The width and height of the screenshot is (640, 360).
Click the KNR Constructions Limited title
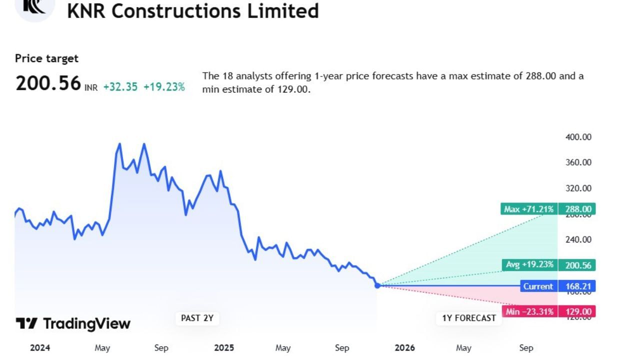(193, 10)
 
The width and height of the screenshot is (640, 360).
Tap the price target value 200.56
(48, 83)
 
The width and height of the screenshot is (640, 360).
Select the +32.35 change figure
(120, 86)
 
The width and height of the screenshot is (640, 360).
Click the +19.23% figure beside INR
(164, 86)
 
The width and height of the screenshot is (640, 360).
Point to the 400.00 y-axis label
(578, 137)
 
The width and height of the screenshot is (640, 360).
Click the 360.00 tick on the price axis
(578, 162)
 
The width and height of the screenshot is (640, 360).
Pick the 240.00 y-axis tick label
(578, 239)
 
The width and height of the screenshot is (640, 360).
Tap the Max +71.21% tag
(528, 209)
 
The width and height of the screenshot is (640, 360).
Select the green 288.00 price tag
(577, 209)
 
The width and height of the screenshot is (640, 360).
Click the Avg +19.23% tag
(530, 265)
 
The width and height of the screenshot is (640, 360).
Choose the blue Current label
(538, 286)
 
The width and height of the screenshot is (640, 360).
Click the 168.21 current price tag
(577, 286)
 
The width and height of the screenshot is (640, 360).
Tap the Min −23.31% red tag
(529, 311)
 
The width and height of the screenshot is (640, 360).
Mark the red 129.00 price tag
(577, 311)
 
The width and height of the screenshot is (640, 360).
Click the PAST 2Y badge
(197, 318)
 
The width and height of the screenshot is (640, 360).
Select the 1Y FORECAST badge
(468, 318)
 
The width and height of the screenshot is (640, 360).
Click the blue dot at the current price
(377, 285)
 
